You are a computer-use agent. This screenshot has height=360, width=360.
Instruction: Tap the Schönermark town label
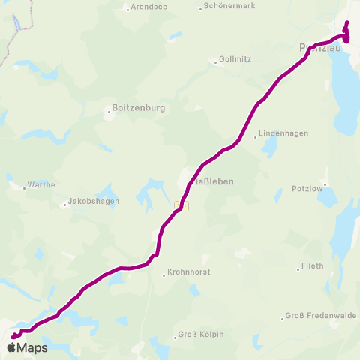[x=223, y=7]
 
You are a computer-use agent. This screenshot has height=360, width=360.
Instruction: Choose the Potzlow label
[x=306, y=189]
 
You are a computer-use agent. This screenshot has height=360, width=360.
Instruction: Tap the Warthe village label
[x=41, y=184]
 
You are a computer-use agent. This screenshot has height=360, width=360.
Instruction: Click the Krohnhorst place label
[x=189, y=271]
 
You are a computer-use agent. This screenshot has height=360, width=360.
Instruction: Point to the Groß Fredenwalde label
[x=321, y=316]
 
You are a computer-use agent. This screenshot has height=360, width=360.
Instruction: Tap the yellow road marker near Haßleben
[x=181, y=205]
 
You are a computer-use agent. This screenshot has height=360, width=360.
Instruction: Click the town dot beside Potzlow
[x=325, y=184]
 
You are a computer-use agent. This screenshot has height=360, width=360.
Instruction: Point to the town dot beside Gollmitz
[x=215, y=62]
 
